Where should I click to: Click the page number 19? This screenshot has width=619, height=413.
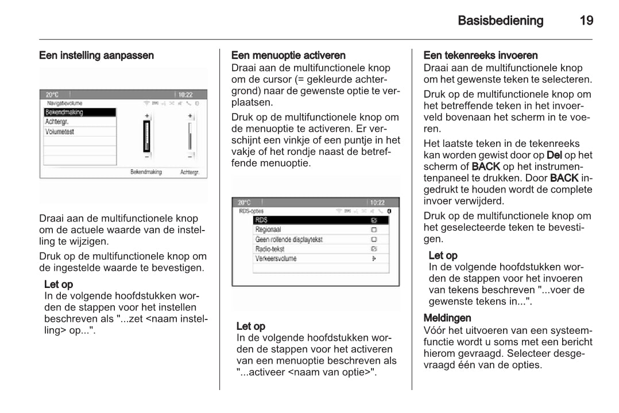[x=586, y=21]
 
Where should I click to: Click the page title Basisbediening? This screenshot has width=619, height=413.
[x=500, y=21]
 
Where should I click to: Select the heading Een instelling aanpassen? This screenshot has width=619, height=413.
[x=96, y=56]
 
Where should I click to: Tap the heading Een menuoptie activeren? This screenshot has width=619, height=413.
[x=288, y=56]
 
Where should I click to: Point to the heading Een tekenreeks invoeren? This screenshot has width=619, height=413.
[x=481, y=56]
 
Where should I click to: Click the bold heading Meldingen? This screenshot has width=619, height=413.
[x=447, y=318]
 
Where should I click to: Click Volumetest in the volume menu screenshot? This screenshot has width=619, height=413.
[x=60, y=132]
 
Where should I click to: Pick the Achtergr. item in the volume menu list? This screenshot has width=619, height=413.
[x=57, y=122]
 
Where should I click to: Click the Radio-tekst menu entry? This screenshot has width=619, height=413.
[x=270, y=249]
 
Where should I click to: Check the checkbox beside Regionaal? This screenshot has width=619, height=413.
[x=374, y=229]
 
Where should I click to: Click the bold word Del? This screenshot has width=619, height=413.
[x=554, y=155]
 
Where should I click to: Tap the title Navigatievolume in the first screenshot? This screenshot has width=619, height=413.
[x=65, y=103]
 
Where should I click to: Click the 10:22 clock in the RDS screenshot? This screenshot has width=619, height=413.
[x=377, y=202]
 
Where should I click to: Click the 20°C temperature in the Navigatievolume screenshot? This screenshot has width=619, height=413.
[x=53, y=95]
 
